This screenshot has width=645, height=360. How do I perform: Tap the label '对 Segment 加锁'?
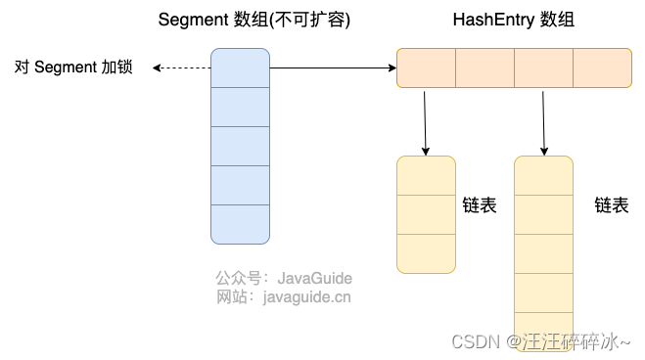click(x=73, y=67)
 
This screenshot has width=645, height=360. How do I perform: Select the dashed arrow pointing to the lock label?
click(x=183, y=68)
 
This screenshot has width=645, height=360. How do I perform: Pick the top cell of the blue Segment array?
click(x=240, y=67)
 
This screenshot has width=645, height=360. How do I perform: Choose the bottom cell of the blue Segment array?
click(x=240, y=224)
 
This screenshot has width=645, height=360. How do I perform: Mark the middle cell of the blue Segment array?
click(x=240, y=146)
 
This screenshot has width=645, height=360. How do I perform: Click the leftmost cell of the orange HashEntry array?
click(x=426, y=68)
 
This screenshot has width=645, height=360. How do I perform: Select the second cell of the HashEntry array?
click(x=484, y=68)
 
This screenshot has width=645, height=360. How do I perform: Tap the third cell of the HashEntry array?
click(x=543, y=68)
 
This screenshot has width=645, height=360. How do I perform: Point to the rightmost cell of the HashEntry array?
click(x=602, y=68)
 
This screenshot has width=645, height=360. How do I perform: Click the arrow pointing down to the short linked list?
click(x=426, y=122)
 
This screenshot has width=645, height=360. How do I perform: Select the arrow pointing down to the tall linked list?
click(x=543, y=122)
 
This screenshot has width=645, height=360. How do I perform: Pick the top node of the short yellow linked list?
click(x=426, y=176)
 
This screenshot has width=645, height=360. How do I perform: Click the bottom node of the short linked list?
click(x=426, y=253)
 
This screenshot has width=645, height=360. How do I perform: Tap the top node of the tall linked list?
click(x=543, y=176)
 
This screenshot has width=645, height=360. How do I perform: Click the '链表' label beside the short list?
click(x=480, y=205)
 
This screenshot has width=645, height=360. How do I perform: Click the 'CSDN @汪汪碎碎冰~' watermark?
click(x=540, y=341)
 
